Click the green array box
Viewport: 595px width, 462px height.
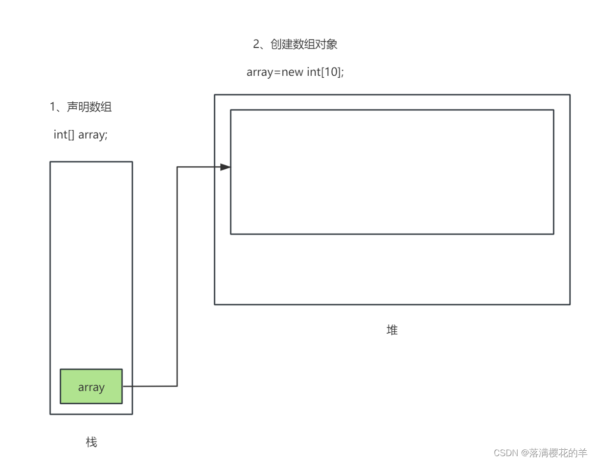tap(91, 387)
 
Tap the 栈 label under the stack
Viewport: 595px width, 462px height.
tap(92, 442)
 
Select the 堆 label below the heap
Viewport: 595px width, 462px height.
tap(392, 330)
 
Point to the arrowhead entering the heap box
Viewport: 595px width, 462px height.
tap(225, 167)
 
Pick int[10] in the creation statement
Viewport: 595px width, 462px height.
tap(325, 72)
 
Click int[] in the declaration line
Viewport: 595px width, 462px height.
tap(64, 135)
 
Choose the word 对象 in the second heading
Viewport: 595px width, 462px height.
tap(326, 45)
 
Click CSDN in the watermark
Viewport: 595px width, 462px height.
tap(506, 453)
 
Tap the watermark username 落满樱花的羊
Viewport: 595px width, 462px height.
tap(558, 453)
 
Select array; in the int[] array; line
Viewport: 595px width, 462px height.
tap(93, 135)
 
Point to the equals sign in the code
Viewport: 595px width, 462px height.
tap(277, 72)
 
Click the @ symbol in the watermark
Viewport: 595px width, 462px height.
tap(525, 453)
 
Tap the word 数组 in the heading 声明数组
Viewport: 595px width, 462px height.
tap(101, 107)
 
